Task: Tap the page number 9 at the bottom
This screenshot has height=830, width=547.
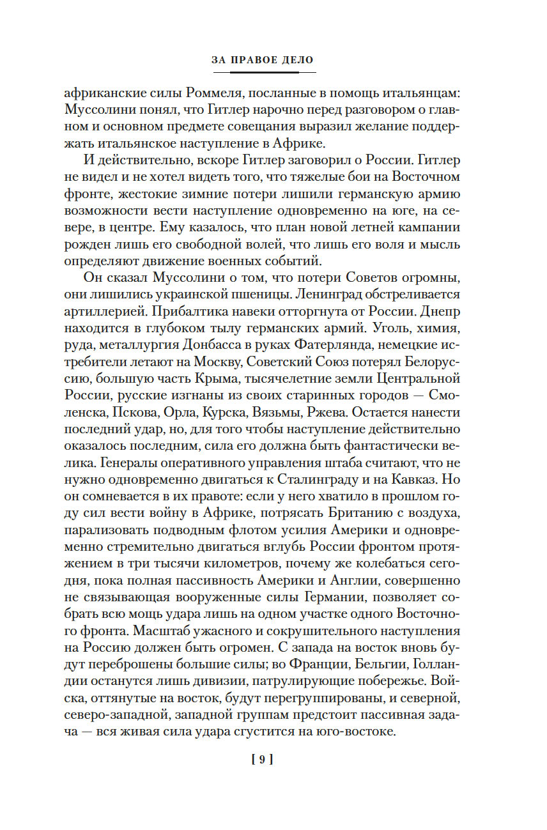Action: [x=263, y=759]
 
